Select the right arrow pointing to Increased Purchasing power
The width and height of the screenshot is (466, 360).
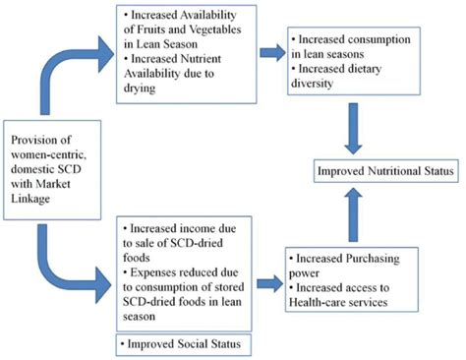266,283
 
